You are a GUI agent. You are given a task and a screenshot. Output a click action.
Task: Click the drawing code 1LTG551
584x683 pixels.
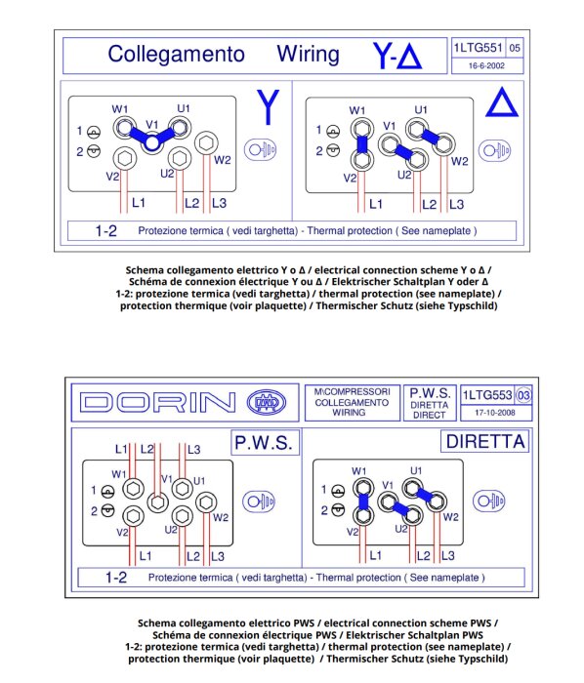click(479, 48)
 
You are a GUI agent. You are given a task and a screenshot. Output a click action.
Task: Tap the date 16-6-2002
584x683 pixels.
click(486, 65)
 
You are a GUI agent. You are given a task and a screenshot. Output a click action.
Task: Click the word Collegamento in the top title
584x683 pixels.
click(176, 55)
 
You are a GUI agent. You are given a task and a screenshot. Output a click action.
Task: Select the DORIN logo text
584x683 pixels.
click(158, 402)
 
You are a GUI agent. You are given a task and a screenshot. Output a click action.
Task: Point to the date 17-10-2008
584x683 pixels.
click(495, 413)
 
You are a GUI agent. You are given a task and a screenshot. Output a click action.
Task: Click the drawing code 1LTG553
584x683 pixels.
click(487, 395)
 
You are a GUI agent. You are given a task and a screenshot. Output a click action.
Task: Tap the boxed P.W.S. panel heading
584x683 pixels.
click(265, 443)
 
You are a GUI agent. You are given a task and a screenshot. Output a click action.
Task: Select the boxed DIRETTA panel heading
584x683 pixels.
click(485, 442)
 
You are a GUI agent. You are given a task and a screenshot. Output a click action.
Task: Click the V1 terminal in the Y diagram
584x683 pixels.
click(151, 143)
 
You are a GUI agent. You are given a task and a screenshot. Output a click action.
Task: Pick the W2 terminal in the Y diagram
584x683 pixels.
click(206, 142)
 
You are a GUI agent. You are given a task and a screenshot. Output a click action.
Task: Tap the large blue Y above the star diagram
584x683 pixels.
click(268, 106)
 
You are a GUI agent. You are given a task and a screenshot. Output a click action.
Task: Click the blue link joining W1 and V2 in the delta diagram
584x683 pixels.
click(361, 144)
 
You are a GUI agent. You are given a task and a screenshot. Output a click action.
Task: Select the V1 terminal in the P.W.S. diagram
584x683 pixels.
click(158, 502)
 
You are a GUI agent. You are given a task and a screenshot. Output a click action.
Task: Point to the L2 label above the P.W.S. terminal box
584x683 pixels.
click(147, 449)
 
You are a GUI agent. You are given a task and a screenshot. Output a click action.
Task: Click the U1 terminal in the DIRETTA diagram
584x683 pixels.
click(412, 488)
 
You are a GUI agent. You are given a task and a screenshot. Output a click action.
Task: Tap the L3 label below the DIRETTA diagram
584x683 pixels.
click(447, 556)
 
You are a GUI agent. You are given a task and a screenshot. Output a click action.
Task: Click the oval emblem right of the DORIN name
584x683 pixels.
click(267, 402)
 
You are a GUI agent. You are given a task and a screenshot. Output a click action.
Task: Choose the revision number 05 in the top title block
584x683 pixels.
click(515, 48)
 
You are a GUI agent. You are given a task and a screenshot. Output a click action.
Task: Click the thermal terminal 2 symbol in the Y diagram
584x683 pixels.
click(94, 151)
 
